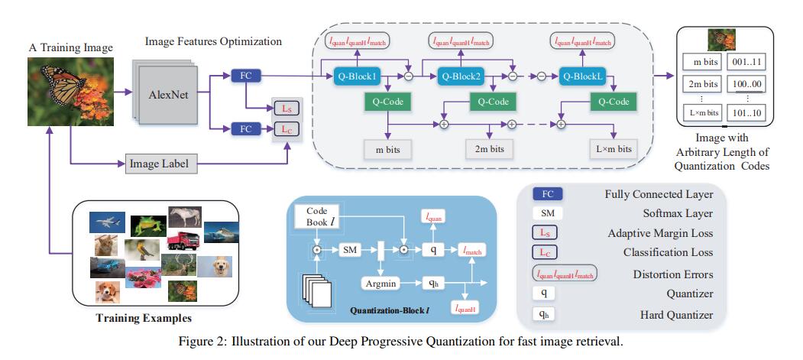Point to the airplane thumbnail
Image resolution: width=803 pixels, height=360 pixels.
(x=105, y=222)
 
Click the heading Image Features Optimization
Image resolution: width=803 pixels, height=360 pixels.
(x=213, y=41)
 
